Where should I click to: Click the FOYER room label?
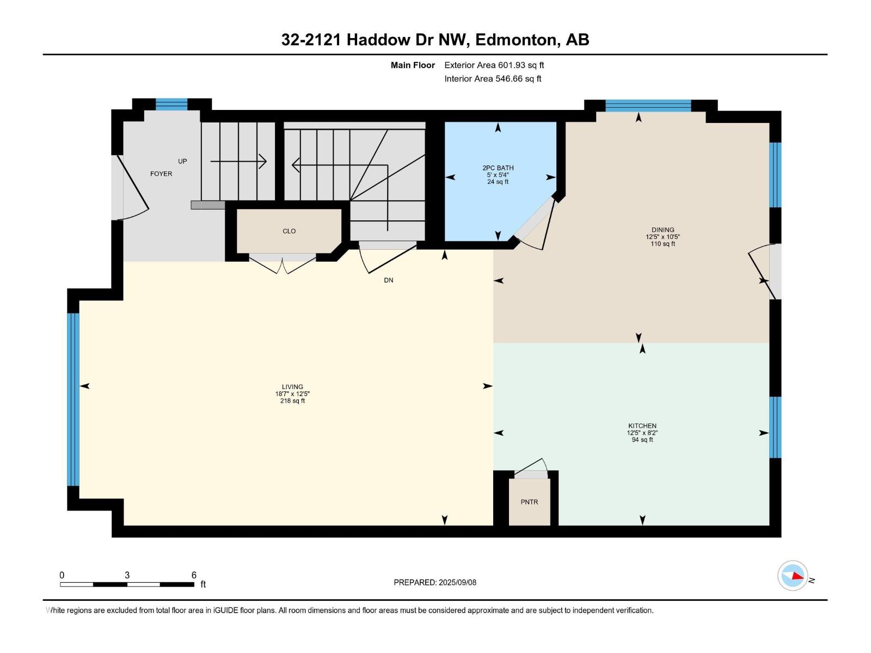click(161, 174)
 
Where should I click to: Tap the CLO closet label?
click(289, 231)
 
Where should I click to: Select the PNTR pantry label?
click(529, 502)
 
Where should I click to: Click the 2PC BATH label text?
click(498, 168)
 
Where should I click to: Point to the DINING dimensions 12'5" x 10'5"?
click(663, 237)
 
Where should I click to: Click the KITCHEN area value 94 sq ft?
click(642, 440)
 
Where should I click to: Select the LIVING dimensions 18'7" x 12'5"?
click(292, 394)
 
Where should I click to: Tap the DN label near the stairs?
click(388, 280)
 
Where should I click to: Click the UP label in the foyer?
click(182, 161)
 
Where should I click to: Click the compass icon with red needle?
click(793, 576)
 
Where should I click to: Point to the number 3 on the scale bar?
click(127, 575)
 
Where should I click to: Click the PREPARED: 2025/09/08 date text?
click(435, 582)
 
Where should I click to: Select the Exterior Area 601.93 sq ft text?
click(494, 65)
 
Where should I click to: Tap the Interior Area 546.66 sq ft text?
click(493, 79)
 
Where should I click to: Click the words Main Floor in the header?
click(413, 65)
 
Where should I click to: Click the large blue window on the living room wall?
click(73, 399)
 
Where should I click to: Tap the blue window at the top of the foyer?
click(171, 104)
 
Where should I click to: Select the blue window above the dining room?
click(648, 106)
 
